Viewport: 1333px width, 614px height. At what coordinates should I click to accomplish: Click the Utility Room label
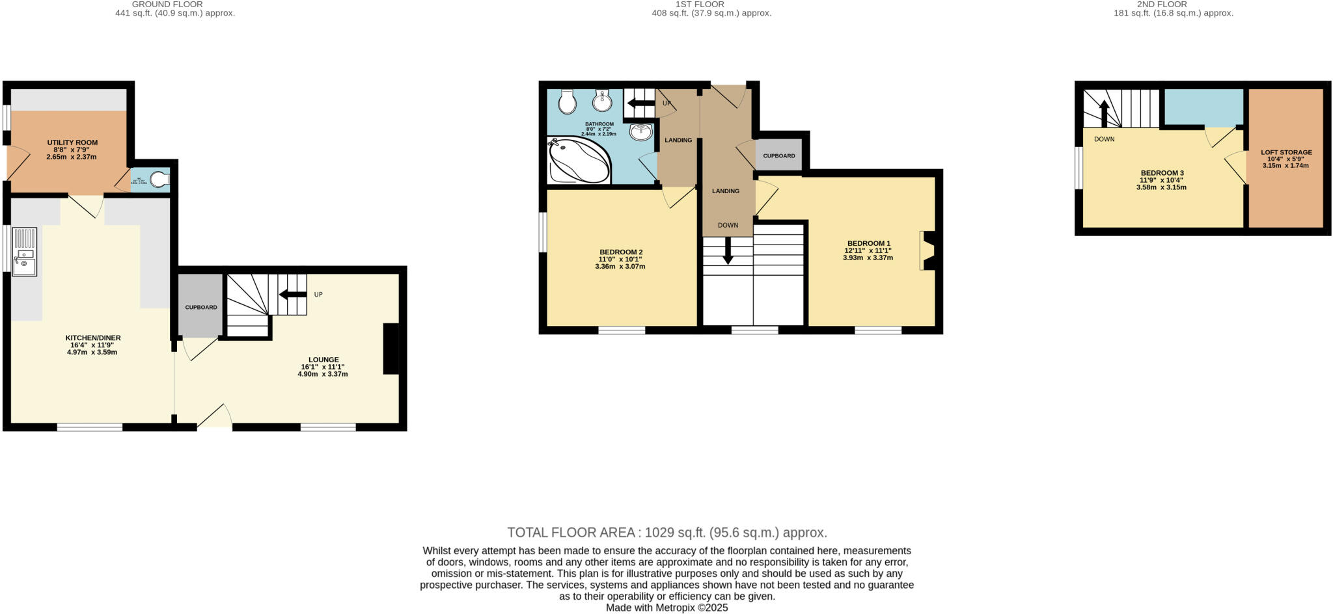[x=72, y=142]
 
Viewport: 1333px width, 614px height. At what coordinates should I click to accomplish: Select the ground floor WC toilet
[x=158, y=179]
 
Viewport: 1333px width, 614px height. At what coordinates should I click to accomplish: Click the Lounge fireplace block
[x=391, y=349]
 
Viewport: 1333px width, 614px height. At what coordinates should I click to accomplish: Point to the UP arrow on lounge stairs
[x=293, y=295]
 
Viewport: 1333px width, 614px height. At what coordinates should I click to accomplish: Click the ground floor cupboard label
[x=201, y=307]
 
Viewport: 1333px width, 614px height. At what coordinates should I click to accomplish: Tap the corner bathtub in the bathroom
[x=578, y=160]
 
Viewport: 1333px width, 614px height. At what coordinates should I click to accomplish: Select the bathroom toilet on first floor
[x=568, y=101]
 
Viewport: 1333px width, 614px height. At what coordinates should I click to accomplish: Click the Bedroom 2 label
[x=621, y=252]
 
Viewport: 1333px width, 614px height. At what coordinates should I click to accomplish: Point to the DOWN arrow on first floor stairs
[x=728, y=250]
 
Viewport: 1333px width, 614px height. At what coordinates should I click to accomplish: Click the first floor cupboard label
[x=778, y=156]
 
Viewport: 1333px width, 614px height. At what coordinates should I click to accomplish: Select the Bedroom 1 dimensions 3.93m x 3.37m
[x=868, y=258]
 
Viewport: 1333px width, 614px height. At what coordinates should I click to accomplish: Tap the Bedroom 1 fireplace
[x=928, y=250]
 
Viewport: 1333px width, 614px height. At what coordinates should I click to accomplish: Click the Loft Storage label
[x=1286, y=152]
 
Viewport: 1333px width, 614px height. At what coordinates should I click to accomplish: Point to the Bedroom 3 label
[x=1162, y=173]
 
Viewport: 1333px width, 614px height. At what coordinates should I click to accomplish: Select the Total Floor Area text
[x=667, y=533]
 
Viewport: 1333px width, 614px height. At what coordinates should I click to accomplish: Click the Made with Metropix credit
[x=666, y=608]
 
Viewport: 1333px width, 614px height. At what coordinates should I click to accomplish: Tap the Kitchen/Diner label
[x=92, y=338]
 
